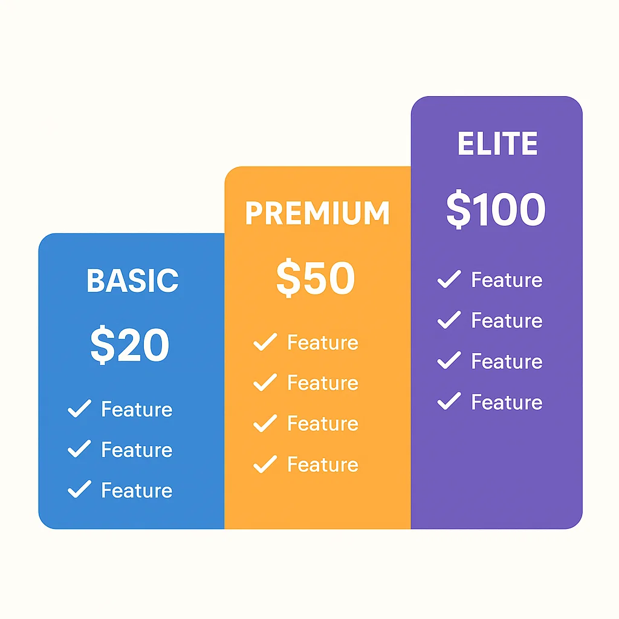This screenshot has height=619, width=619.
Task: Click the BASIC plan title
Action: [x=132, y=280]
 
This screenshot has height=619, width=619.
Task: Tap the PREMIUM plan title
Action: [x=317, y=213]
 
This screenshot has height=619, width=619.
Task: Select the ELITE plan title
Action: [x=497, y=144]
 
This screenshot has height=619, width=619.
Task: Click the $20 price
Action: [x=130, y=346]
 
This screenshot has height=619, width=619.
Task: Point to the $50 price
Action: [x=316, y=279]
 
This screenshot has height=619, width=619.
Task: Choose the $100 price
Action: [x=496, y=210]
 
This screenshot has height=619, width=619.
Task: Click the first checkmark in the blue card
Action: [x=79, y=409]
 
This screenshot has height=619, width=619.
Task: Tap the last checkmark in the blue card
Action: [x=79, y=489]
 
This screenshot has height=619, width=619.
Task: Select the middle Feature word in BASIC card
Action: [x=137, y=450]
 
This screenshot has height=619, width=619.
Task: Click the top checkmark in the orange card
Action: [x=265, y=342]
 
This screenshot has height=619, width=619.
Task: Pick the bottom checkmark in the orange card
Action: [x=265, y=464]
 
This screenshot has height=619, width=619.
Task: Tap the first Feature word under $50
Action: [x=323, y=343]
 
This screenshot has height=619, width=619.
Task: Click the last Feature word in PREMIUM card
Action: [x=323, y=464]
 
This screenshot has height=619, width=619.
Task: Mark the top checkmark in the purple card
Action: [x=449, y=280]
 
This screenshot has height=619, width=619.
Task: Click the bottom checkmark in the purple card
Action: [x=449, y=401]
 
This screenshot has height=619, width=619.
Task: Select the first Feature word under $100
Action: [x=507, y=280]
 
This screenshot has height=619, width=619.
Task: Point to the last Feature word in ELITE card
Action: [x=507, y=402]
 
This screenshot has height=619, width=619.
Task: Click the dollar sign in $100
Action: [x=458, y=210]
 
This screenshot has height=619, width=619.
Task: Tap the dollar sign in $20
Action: [x=101, y=346]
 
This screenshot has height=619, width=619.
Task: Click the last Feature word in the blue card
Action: [x=137, y=490]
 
